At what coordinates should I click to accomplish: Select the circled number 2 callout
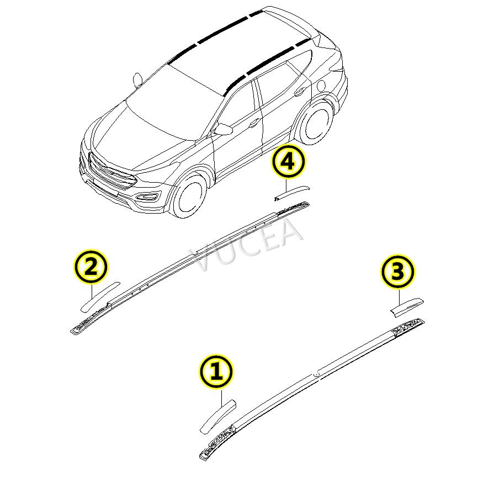pyautogui.click(x=91, y=268)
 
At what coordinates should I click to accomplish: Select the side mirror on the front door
pyautogui.click(x=224, y=129)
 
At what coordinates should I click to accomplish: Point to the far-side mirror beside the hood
pyautogui.click(x=136, y=79)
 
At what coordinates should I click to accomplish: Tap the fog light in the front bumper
pyautogui.click(x=147, y=198)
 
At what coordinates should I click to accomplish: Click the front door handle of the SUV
pyautogui.click(x=255, y=123)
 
